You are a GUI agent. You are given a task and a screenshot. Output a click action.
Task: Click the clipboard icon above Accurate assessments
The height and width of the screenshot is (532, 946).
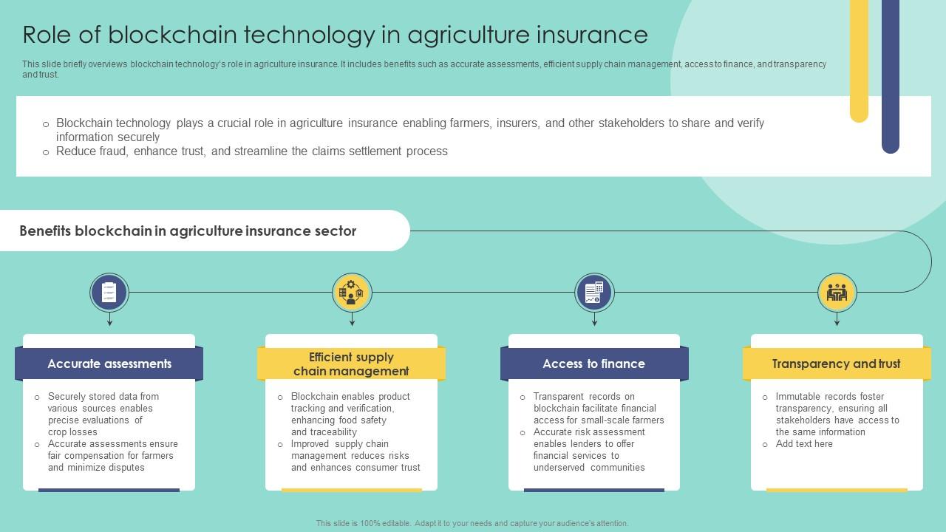point(109,293)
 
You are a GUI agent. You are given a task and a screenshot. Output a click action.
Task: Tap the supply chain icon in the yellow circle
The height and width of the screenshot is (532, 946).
point(352,293)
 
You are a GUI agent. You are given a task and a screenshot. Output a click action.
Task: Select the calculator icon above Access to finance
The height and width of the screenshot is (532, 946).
point(594,293)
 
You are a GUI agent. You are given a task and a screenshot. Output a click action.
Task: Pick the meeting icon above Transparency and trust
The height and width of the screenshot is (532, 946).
point(837,293)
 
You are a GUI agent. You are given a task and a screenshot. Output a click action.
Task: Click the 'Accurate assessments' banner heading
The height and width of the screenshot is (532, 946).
point(109,364)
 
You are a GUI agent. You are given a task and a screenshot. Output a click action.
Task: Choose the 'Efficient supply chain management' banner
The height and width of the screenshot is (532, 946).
point(351,364)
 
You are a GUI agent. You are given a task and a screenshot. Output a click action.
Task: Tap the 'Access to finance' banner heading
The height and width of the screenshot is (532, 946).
point(593,364)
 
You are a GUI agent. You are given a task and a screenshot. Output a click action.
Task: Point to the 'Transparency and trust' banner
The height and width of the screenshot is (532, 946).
point(836,364)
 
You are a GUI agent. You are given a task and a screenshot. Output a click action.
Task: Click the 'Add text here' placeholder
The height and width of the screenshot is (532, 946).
point(804,444)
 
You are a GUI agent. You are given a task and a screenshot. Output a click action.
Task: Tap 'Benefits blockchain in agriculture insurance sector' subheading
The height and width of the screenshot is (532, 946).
point(188,231)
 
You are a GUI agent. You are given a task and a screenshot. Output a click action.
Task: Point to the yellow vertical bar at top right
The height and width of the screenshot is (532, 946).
point(859,59)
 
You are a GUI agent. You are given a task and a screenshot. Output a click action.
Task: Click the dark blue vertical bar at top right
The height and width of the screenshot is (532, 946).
point(891,74)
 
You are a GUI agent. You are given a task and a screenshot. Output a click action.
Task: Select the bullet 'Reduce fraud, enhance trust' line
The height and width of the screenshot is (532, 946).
point(251,151)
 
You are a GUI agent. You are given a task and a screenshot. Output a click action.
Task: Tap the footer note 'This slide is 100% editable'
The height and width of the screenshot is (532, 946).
point(472,523)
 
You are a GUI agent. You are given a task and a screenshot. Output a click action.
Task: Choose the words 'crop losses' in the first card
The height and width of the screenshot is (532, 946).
point(72,432)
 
